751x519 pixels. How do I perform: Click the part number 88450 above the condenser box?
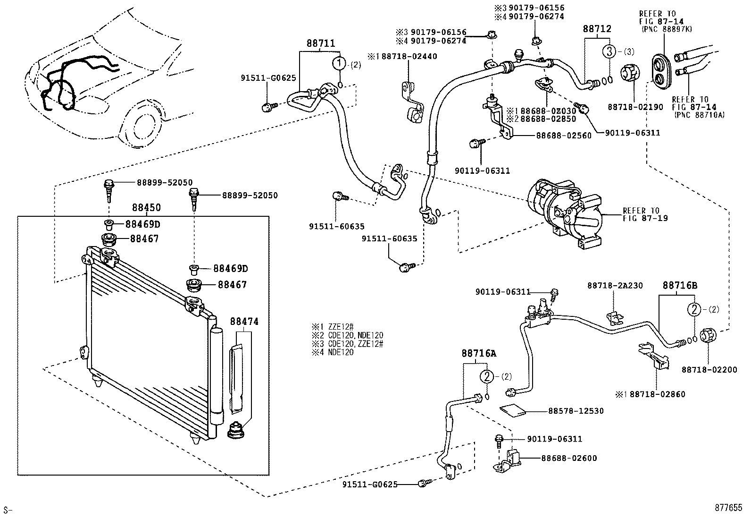click(x=146, y=207)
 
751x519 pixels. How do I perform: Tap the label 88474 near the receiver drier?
click(x=244, y=322)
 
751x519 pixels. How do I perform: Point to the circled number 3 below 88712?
click(x=609, y=51)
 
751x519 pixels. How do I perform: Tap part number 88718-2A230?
click(x=615, y=286)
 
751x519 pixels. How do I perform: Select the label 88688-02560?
click(x=563, y=136)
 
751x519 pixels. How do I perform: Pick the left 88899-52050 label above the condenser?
click(x=165, y=183)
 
